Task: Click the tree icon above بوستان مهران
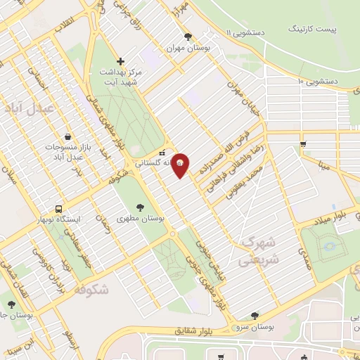pos(186,37)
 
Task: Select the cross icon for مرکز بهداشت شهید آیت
pos(120,61)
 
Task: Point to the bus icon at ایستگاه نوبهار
pos(59,209)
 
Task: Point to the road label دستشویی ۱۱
pos(245,32)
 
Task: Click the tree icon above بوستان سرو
pos(255,316)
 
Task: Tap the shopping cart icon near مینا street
pos(303,144)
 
